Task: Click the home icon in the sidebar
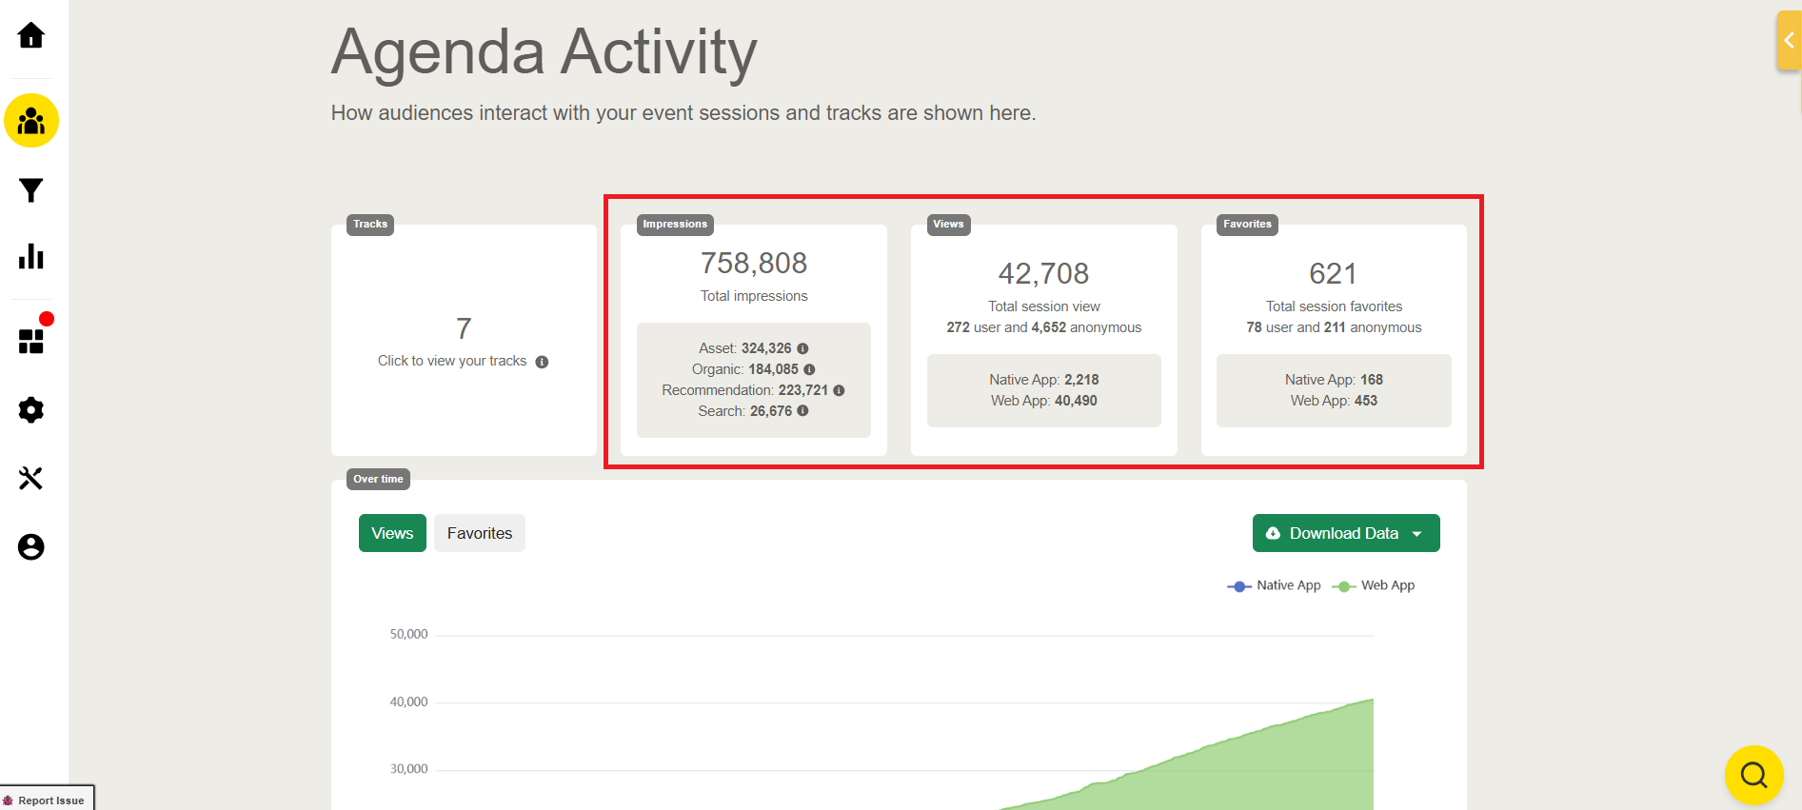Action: point(31,36)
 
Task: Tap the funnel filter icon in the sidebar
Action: point(31,190)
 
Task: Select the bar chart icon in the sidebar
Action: point(31,256)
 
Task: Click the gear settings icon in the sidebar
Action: point(31,410)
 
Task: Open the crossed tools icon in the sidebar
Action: point(31,478)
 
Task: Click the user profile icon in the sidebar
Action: point(31,547)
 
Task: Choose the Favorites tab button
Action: point(480,533)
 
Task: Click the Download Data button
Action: point(1345,533)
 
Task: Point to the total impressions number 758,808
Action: point(754,263)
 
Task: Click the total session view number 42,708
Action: point(1043,273)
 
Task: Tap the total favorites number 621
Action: point(1333,273)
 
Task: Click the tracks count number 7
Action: point(464,328)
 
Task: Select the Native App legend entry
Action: point(1276,585)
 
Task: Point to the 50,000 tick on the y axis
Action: point(409,634)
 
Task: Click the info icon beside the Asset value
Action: point(802,348)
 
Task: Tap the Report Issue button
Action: point(48,800)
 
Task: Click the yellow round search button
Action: point(1753,775)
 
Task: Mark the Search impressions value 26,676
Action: point(770,411)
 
